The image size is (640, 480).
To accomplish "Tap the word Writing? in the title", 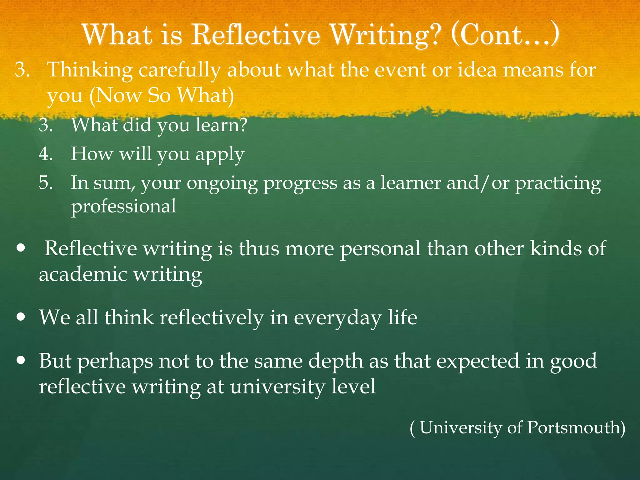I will (x=386, y=35).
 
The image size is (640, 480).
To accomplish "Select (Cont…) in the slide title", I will (x=505, y=35).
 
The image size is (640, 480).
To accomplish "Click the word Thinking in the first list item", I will (x=90, y=70).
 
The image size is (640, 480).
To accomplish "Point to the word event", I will (x=400, y=70).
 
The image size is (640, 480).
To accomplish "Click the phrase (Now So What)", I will (x=162, y=96).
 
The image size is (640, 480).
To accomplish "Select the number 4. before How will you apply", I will (x=46, y=154).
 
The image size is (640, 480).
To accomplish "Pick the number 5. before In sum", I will (x=46, y=183).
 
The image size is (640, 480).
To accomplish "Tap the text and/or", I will (x=478, y=183).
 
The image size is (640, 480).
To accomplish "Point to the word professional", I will (x=123, y=207).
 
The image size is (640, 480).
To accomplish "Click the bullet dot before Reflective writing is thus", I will (x=21, y=249).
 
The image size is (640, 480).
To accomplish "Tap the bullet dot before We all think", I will (x=21, y=317).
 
